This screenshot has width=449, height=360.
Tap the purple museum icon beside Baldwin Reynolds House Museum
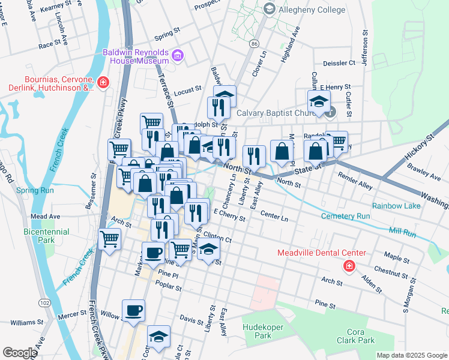click(177, 57)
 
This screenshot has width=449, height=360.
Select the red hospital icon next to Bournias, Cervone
click(103, 82)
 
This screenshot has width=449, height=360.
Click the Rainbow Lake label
click(396, 206)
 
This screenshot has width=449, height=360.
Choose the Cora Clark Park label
click(360, 336)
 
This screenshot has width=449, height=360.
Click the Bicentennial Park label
click(46, 236)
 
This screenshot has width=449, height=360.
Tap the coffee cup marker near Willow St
click(134, 311)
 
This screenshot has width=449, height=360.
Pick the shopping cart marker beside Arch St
click(110, 239)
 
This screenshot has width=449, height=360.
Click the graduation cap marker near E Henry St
click(319, 101)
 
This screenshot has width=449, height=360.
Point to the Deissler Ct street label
click(339, 63)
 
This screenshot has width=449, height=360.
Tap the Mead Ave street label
click(46, 216)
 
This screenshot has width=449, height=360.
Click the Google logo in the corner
click(20, 353)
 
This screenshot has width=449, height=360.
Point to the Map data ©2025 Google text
click(411, 355)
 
